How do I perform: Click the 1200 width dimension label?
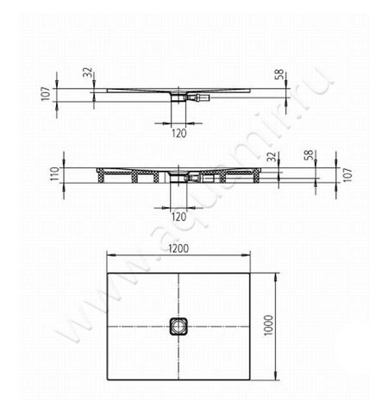pyautogui.click(x=178, y=248)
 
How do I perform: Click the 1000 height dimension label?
pyautogui.click(x=269, y=325)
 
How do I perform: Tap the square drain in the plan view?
pyautogui.click(x=178, y=326)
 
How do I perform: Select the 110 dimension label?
pyautogui.click(x=55, y=173)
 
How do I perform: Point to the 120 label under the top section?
pyautogui.click(x=179, y=134)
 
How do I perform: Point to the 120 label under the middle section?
pyautogui.click(x=178, y=216)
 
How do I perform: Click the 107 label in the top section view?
pyautogui.click(x=46, y=94)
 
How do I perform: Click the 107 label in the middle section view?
pyautogui.click(x=347, y=175)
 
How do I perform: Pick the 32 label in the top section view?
pyautogui.click(x=87, y=72)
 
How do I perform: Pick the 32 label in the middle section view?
pyautogui.click(x=272, y=157)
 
